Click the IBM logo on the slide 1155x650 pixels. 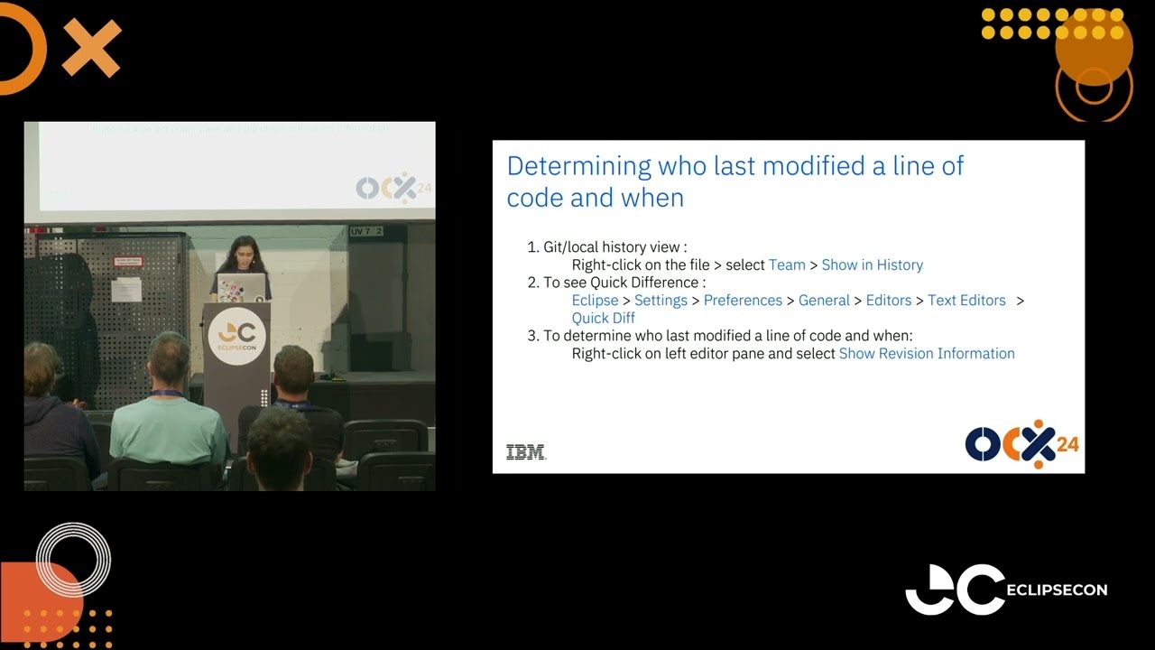[x=526, y=452]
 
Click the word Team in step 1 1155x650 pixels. [x=787, y=265]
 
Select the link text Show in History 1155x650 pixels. [x=872, y=265]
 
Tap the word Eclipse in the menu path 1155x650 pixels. [x=595, y=300]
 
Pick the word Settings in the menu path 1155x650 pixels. [x=661, y=300]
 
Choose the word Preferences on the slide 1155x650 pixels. [x=743, y=300]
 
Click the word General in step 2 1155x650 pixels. [x=824, y=300]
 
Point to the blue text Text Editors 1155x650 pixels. [x=966, y=300]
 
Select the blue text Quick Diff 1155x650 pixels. [x=603, y=318]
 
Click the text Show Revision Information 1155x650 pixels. [x=927, y=353]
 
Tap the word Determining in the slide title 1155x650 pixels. [x=578, y=165]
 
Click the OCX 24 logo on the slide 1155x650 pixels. [x=1021, y=444]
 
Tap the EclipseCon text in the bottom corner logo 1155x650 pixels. [x=1056, y=590]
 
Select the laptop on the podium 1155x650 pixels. [x=241, y=287]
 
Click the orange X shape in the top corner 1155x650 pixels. [x=91, y=48]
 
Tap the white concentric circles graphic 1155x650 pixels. [x=73, y=560]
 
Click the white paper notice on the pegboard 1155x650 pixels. [x=125, y=289]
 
